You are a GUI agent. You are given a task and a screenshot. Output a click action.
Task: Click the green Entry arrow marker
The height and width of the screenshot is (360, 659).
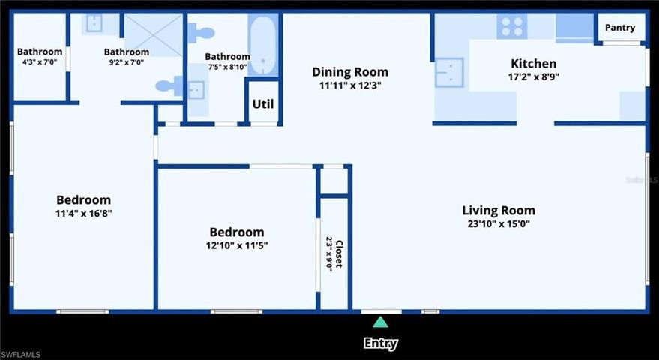[380, 322]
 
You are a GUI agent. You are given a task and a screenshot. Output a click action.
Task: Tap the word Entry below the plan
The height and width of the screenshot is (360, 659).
[380, 343]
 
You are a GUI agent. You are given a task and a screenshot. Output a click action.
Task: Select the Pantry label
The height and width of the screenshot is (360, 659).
[620, 28]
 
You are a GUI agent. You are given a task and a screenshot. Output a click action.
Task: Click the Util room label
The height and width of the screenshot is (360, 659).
[263, 103]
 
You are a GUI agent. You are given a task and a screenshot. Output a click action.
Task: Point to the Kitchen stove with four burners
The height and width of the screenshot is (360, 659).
[512, 26]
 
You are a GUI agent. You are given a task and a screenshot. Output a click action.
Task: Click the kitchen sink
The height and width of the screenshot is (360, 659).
[449, 72]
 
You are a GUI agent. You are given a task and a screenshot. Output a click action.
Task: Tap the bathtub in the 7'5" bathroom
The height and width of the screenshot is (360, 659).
[262, 45]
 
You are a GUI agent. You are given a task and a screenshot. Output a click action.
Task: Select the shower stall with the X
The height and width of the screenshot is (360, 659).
[154, 35]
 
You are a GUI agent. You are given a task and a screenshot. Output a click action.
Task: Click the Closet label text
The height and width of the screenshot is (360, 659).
[340, 253]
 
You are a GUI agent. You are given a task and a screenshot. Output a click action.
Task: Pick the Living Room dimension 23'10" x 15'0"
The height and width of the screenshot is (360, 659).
[499, 223]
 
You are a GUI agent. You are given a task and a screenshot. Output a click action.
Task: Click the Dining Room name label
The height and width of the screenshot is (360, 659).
[350, 72]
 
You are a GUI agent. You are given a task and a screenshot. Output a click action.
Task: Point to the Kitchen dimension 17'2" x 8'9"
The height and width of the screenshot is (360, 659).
[533, 76]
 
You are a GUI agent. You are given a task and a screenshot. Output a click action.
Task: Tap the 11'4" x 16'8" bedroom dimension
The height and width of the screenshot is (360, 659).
[84, 213]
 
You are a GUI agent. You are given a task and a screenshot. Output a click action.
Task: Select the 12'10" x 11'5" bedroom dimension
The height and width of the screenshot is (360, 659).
[237, 244]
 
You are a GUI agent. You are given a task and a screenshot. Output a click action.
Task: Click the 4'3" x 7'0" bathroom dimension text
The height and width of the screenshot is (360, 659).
[40, 61]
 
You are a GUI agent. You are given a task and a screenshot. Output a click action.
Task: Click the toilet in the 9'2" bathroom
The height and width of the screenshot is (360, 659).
[169, 86]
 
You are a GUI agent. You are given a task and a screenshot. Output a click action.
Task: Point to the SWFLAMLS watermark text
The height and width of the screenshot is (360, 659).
[20, 355]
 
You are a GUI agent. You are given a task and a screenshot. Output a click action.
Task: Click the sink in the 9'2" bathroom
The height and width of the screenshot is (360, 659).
[94, 23]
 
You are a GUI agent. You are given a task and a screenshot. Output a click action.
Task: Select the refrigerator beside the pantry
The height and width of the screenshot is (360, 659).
[574, 28]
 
